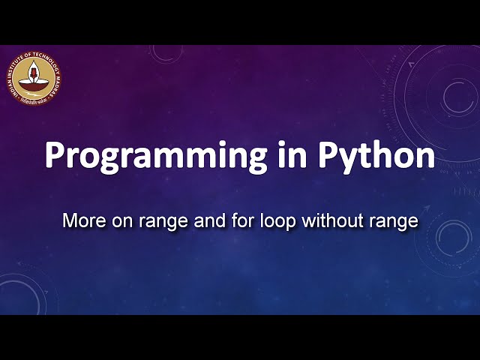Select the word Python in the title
pyautogui.click(x=376, y=156)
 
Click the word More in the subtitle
pyautogui.click(x=79, y=221)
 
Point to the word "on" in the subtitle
pyautogui.click(x=115, y=221)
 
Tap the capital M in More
pyautogui.click(x=69, y=221)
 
